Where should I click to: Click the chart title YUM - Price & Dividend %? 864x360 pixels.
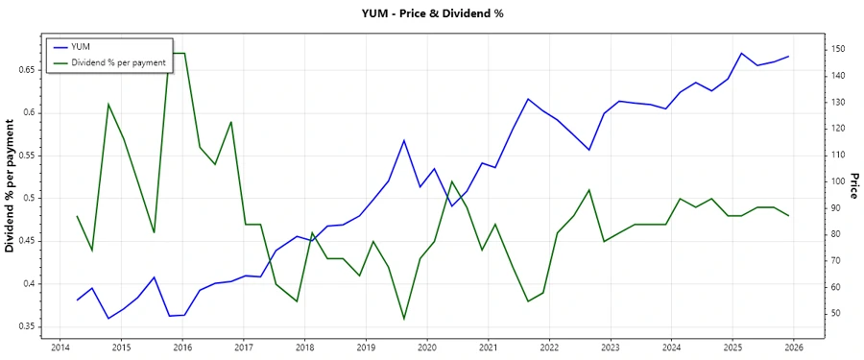click(x=431, y=13)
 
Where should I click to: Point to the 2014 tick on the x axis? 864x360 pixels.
click(x=60, y=348)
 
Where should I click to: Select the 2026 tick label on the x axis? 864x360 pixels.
click(x=794, y=348)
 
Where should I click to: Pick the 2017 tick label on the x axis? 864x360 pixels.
click(x=243, y=348)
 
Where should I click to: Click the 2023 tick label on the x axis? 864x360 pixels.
click(x=611, y=348)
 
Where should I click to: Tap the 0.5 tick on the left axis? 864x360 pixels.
click(x=27, y=199)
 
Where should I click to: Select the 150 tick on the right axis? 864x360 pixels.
click(x=838, y=49)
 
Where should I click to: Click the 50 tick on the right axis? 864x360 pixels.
click(x=836, y=314)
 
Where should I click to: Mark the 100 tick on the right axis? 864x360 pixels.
click(x=838, y=181)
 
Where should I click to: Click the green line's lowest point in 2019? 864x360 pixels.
click(x=404, y=319)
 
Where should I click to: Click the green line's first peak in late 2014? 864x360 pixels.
click(x=108, y=104)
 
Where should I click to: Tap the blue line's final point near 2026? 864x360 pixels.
click(x=789, y=57)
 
